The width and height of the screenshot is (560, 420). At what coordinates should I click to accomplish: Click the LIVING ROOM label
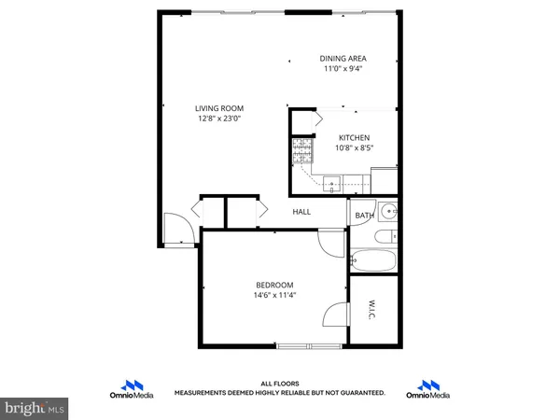(218, 106)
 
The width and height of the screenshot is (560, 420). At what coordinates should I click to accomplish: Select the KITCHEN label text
(353, 137)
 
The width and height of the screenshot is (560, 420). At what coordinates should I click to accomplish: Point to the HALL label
(301, 212)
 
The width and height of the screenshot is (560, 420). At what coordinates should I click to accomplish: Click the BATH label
(364, 217)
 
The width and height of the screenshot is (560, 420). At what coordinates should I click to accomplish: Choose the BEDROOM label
(274, 285)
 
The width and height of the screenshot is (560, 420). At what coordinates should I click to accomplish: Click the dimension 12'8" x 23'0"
(218, 117)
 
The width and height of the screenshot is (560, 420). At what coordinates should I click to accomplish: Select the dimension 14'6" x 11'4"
(274, 296)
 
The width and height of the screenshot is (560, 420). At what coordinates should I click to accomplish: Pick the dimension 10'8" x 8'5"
(353, 147)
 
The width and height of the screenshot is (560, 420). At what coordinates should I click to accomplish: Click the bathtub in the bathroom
(373, 259)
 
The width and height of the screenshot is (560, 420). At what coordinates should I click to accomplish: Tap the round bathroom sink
(388, 212)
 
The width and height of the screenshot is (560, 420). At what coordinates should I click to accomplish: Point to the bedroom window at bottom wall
(308, 347)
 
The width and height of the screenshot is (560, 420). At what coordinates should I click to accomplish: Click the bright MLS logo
(35, 407)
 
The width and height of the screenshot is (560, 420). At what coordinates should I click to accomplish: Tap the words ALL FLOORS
(279, 385)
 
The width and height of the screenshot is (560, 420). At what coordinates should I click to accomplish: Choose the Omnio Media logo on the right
(428, 389)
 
